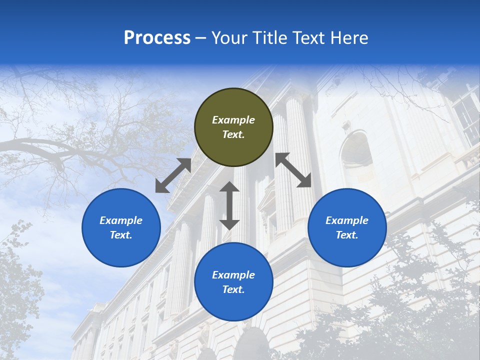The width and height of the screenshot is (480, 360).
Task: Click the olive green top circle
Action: (233, 127)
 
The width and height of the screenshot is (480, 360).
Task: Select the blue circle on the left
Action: (121, 227)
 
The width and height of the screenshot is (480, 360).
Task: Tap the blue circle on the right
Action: (347, 227)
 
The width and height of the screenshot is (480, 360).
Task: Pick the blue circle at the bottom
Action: (233, 282)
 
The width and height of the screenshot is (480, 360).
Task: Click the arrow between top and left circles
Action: (173, 175)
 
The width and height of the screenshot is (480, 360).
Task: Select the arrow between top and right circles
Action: (293, 170)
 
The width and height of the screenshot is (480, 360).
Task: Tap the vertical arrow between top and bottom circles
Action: (229, 205)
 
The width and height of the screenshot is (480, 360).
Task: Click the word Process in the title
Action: (157, 38)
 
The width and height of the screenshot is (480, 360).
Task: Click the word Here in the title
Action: (349, 38)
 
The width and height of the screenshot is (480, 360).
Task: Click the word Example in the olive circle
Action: (233, 120)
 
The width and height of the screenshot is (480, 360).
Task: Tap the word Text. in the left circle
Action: (121, 235)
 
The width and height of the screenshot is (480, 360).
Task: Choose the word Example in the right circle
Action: (347, 220)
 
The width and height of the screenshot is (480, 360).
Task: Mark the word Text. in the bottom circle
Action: (233, 289)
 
